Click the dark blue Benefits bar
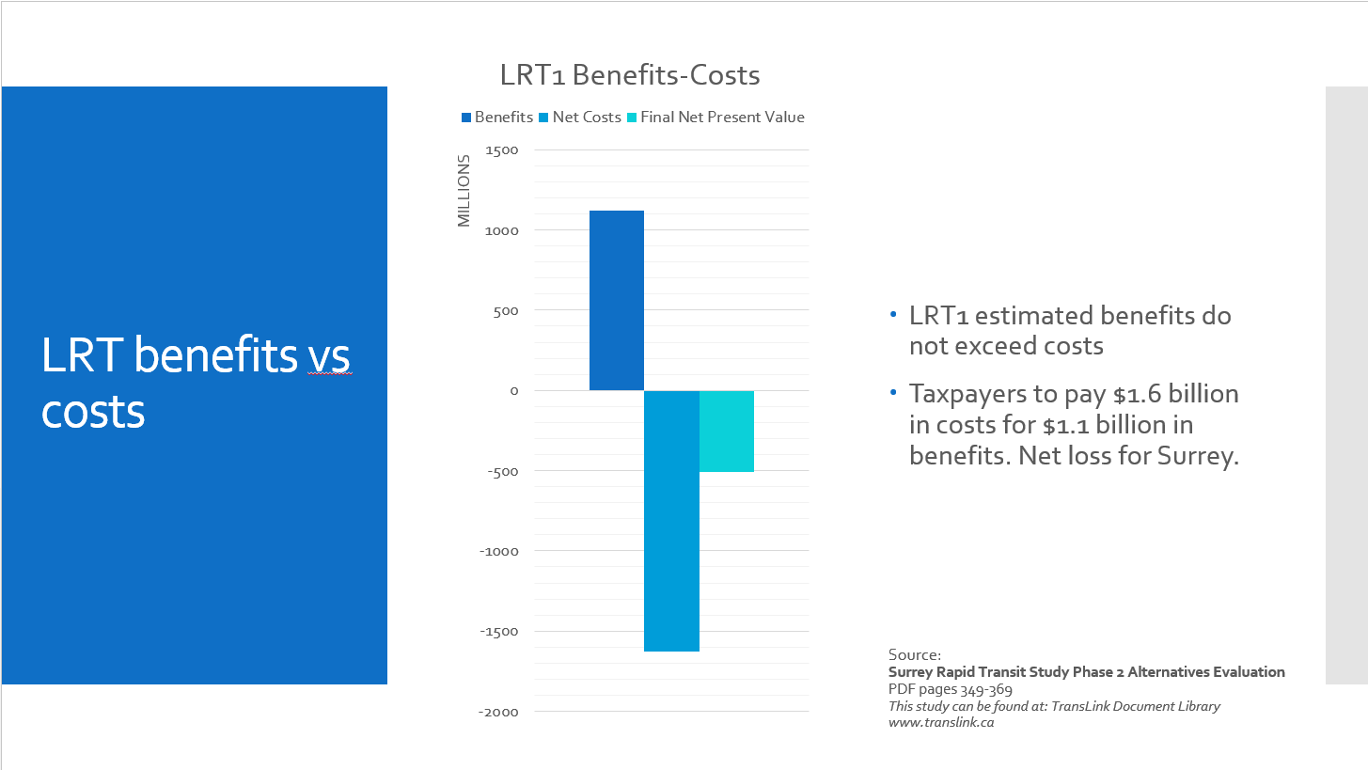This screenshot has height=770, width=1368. [x=616, y=300]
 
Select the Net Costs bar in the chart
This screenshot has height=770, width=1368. [x=671, y=520]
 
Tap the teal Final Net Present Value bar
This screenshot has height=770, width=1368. [x=726, y=431]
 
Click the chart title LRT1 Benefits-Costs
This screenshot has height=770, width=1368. [x=630, y=75]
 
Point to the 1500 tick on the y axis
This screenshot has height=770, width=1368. [x=502, y=150]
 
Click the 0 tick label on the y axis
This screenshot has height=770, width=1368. [x=514, y=391]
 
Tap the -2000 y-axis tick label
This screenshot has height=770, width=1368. [x=498, y=712]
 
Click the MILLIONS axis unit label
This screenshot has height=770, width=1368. [x=464, y=192]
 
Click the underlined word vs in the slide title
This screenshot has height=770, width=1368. [x=330, y=356]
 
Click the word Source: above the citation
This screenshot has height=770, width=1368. [x=914, y=654]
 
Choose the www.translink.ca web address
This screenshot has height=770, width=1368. [x=941, y=723]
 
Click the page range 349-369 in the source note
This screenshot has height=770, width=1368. [x=986, y=689]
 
